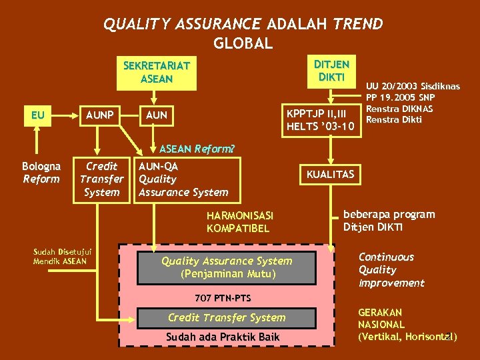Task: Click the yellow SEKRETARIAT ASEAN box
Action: tap(157, 72)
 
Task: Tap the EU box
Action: tap(38, 115)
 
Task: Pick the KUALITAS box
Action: tap(331, 175)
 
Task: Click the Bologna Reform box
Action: tap(41, 173)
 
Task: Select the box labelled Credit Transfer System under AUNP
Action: tap(101, 179)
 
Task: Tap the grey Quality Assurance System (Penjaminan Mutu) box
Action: tap(227, 267)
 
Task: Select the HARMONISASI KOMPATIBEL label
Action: tap(239, 222)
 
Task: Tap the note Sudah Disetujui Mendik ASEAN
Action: tap(63, 256)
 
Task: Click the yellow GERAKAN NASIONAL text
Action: tap(407, 324)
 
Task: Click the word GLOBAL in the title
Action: tap(243, 44)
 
